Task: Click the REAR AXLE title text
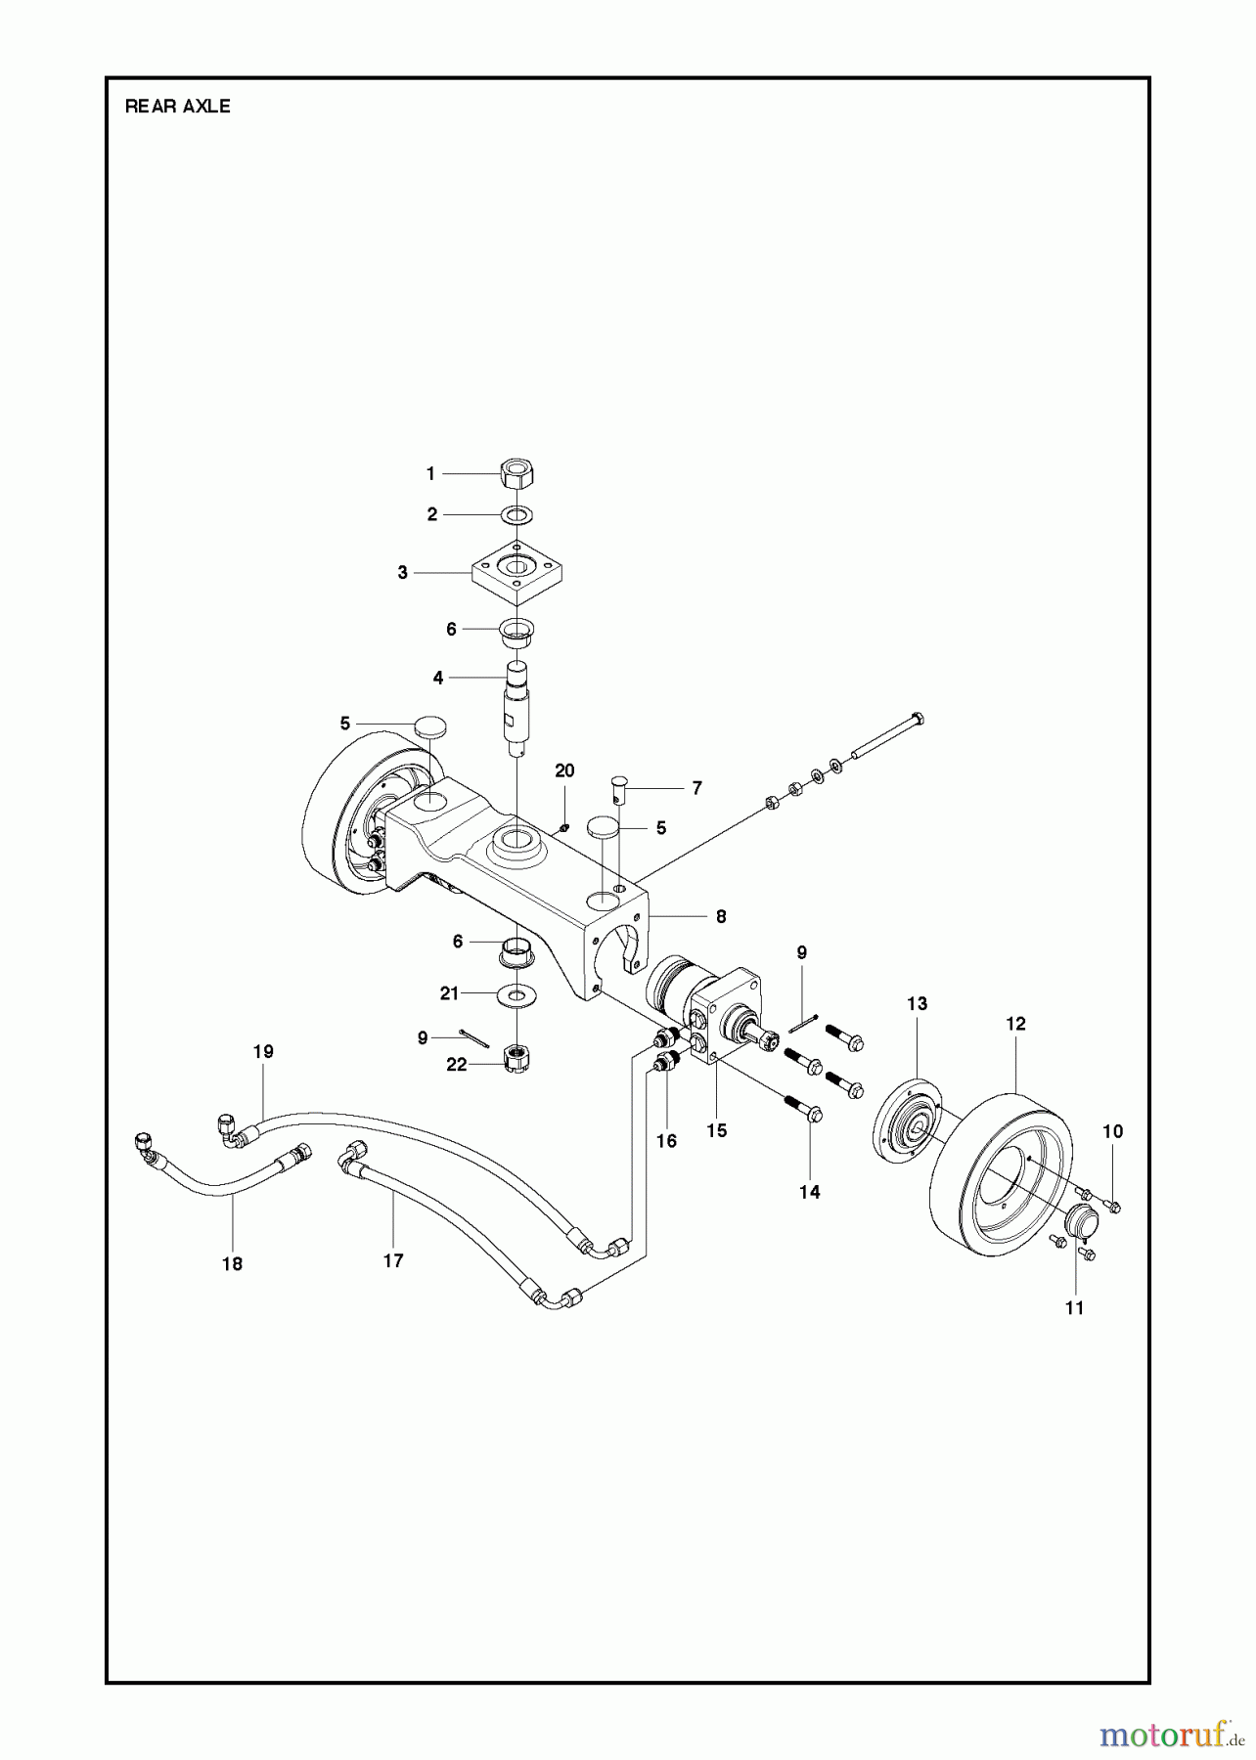tap(177, 107)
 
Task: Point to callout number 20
tap(564, 770)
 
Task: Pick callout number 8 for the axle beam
tap(721, 916)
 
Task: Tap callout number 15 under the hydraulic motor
tap(717, 1130)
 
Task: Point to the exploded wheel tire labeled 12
tap(1000, 1177)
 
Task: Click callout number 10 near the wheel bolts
tap(1112, 1131)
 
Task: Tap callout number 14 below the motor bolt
tap(810, 1192)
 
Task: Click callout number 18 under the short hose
tap(232, 1263)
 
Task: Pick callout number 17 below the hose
tap(393, 1260)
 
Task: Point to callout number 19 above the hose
tap(263, 1052)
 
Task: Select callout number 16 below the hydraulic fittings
tap(666, 1141)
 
